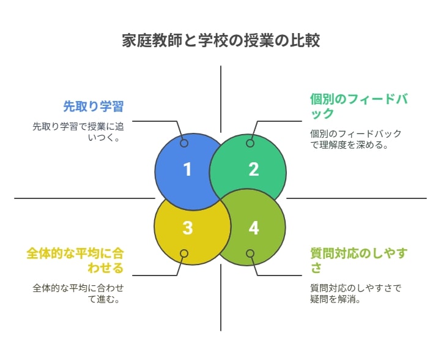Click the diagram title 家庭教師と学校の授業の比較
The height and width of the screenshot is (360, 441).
pyautogui.click(x=221, y=40)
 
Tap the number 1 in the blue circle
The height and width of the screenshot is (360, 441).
pyautogui.click(x=188, y=170)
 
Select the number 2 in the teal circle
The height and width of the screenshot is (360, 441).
pyautogui.click(x=254, y=170)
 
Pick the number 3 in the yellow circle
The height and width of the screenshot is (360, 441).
pyautogui.click(x=188, y=228)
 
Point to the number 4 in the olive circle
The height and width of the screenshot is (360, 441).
pyautogui.click(x=254, y=228)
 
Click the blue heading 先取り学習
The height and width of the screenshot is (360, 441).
pyautogui.click(x=94, y=107)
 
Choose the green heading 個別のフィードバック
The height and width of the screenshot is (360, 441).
pyautogui.click(x=359, y=106)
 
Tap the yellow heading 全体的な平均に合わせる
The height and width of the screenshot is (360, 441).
pyautogui.click(x=75, y=260)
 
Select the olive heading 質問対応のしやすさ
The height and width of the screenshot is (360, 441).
pyautogui.click(x=359, y=260)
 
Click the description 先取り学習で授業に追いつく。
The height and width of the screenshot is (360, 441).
pyautogui.click(x=78, y=132)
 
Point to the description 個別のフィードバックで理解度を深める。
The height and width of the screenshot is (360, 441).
pyautogui.click(x=356, y=139)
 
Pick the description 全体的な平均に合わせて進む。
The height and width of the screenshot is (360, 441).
pyautogui.click(x=78, y=293)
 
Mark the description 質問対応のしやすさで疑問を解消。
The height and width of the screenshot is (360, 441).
pyautogui.click(x=356, y=293)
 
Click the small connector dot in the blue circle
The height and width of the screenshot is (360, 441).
pyautogui.click(x=184, y=143)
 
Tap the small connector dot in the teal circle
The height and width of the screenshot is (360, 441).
pyautogui.click(x=250, y=143)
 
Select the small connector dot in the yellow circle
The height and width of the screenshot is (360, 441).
pyautogui.click(x=184, y=253)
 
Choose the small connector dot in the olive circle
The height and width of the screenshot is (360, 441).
pyautogui.click(x=250, y=253)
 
